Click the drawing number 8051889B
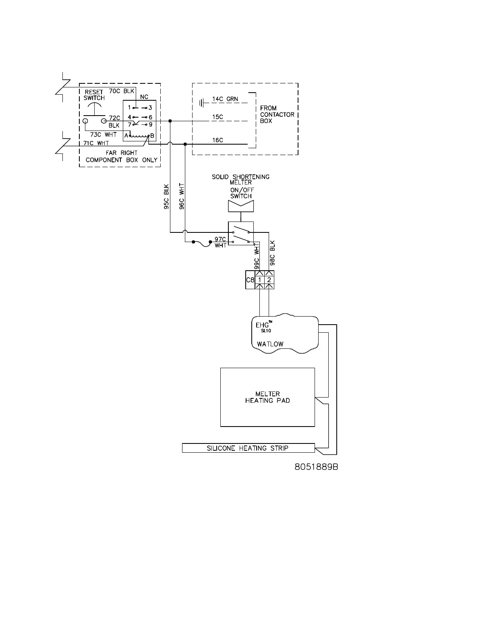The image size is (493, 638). pyautogui.click(x=316, y=467)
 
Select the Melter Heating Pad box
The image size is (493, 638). pyautogui.click(x=267, y=397)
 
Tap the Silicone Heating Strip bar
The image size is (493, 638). pyautogui.click(x=248, y=448)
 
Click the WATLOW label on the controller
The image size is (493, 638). pyautogui.click(x=270, y=344)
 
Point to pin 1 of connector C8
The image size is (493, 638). pyautogui.click(x=260, y=280)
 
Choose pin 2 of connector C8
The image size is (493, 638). pyautogui.click(x=269, y=280)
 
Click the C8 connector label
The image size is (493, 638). pyautogui.click(x=250, y=280)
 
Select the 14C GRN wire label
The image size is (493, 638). pyautogui.click(x=225, y=99)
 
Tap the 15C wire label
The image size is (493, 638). pyautogui.click(x=218, y=117)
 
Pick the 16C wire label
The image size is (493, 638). pyautogui.click(x=218, y=140)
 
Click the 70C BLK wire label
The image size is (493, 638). pyautogui.click(x=122, y=91)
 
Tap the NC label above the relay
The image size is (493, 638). pyautogui.click(x=144, y=97)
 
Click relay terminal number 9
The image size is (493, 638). pyautogui.click(x=151, y=124)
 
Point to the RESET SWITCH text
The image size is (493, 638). pyautogui.click(x=94, y=95)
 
